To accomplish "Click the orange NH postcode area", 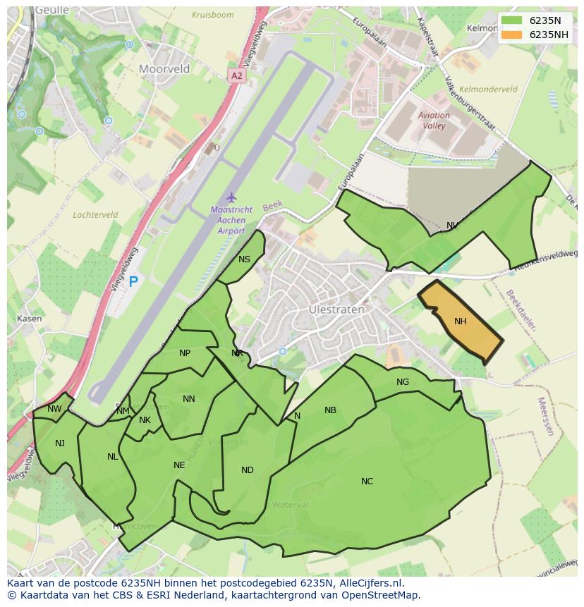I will [x=460, y=321].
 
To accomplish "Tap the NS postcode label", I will [x=244, y=259].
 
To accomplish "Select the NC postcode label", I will [x=367, y=482].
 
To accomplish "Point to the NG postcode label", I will [x=403, y=382].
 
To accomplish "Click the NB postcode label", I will [x=330, y=410].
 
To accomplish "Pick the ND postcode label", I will [x=247, y=470].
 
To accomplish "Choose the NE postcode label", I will [x=179, y=465].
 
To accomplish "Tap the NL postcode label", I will [x=113, y=457].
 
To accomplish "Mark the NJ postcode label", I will [x=60, y=443].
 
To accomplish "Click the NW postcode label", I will [x=54, y=409].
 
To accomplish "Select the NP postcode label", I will [x=185, y=353].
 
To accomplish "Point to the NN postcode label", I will [x=188, y=399].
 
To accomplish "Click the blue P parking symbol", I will [x=133, y=282].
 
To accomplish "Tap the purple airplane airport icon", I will [x=230, y=197].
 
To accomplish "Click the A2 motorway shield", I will [x=236, y=75].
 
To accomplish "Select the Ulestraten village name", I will [x=336, y=309].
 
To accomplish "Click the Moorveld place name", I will [x=164, y=69].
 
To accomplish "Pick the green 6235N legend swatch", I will [x=512, y=20].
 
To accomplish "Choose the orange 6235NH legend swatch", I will [x=512, y=35].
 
